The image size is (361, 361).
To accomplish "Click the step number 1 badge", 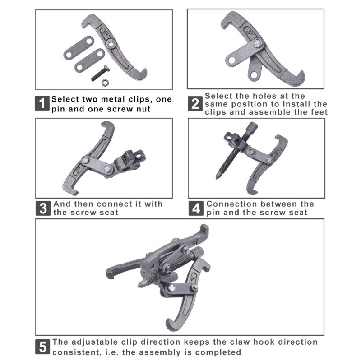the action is [42, 103].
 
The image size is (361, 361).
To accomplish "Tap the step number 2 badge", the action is [195, 104].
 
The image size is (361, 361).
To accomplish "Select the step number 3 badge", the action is [43, 208].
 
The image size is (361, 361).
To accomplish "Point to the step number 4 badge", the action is [196, 208].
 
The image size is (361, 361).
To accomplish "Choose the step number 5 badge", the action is [42, 347].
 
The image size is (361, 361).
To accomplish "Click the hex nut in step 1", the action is [105, 82].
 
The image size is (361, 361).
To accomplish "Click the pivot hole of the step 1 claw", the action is [111, 43].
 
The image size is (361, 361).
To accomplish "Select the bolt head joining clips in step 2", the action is [257, 43].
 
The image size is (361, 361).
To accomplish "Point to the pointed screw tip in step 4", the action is [218, 176].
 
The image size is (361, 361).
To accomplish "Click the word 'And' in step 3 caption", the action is [62, 204].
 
